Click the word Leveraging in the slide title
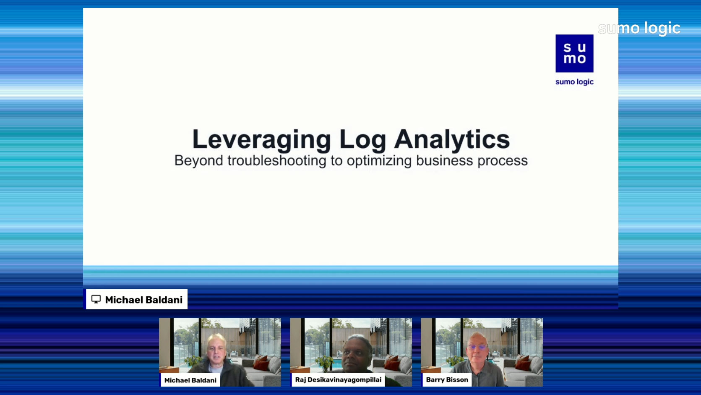click(x=262, y=140)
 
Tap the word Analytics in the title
click(x=452, y=140)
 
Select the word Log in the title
click(x=363, y=140)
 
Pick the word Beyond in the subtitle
click(x=198, y=161)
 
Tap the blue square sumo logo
click(x=574, y=54)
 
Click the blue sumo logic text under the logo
click(x=574, y=82)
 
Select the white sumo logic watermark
click(x=639, y=29)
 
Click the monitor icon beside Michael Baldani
click(x=96, y=299)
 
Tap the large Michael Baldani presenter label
click(x=137, y=299)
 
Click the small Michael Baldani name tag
click(x=190, y=380)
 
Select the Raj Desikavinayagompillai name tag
click(x=338, y=379)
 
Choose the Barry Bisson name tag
click(x=447, y=379)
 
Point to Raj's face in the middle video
click(x=357, y=354)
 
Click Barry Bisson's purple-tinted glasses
click(x=477, y=347)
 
